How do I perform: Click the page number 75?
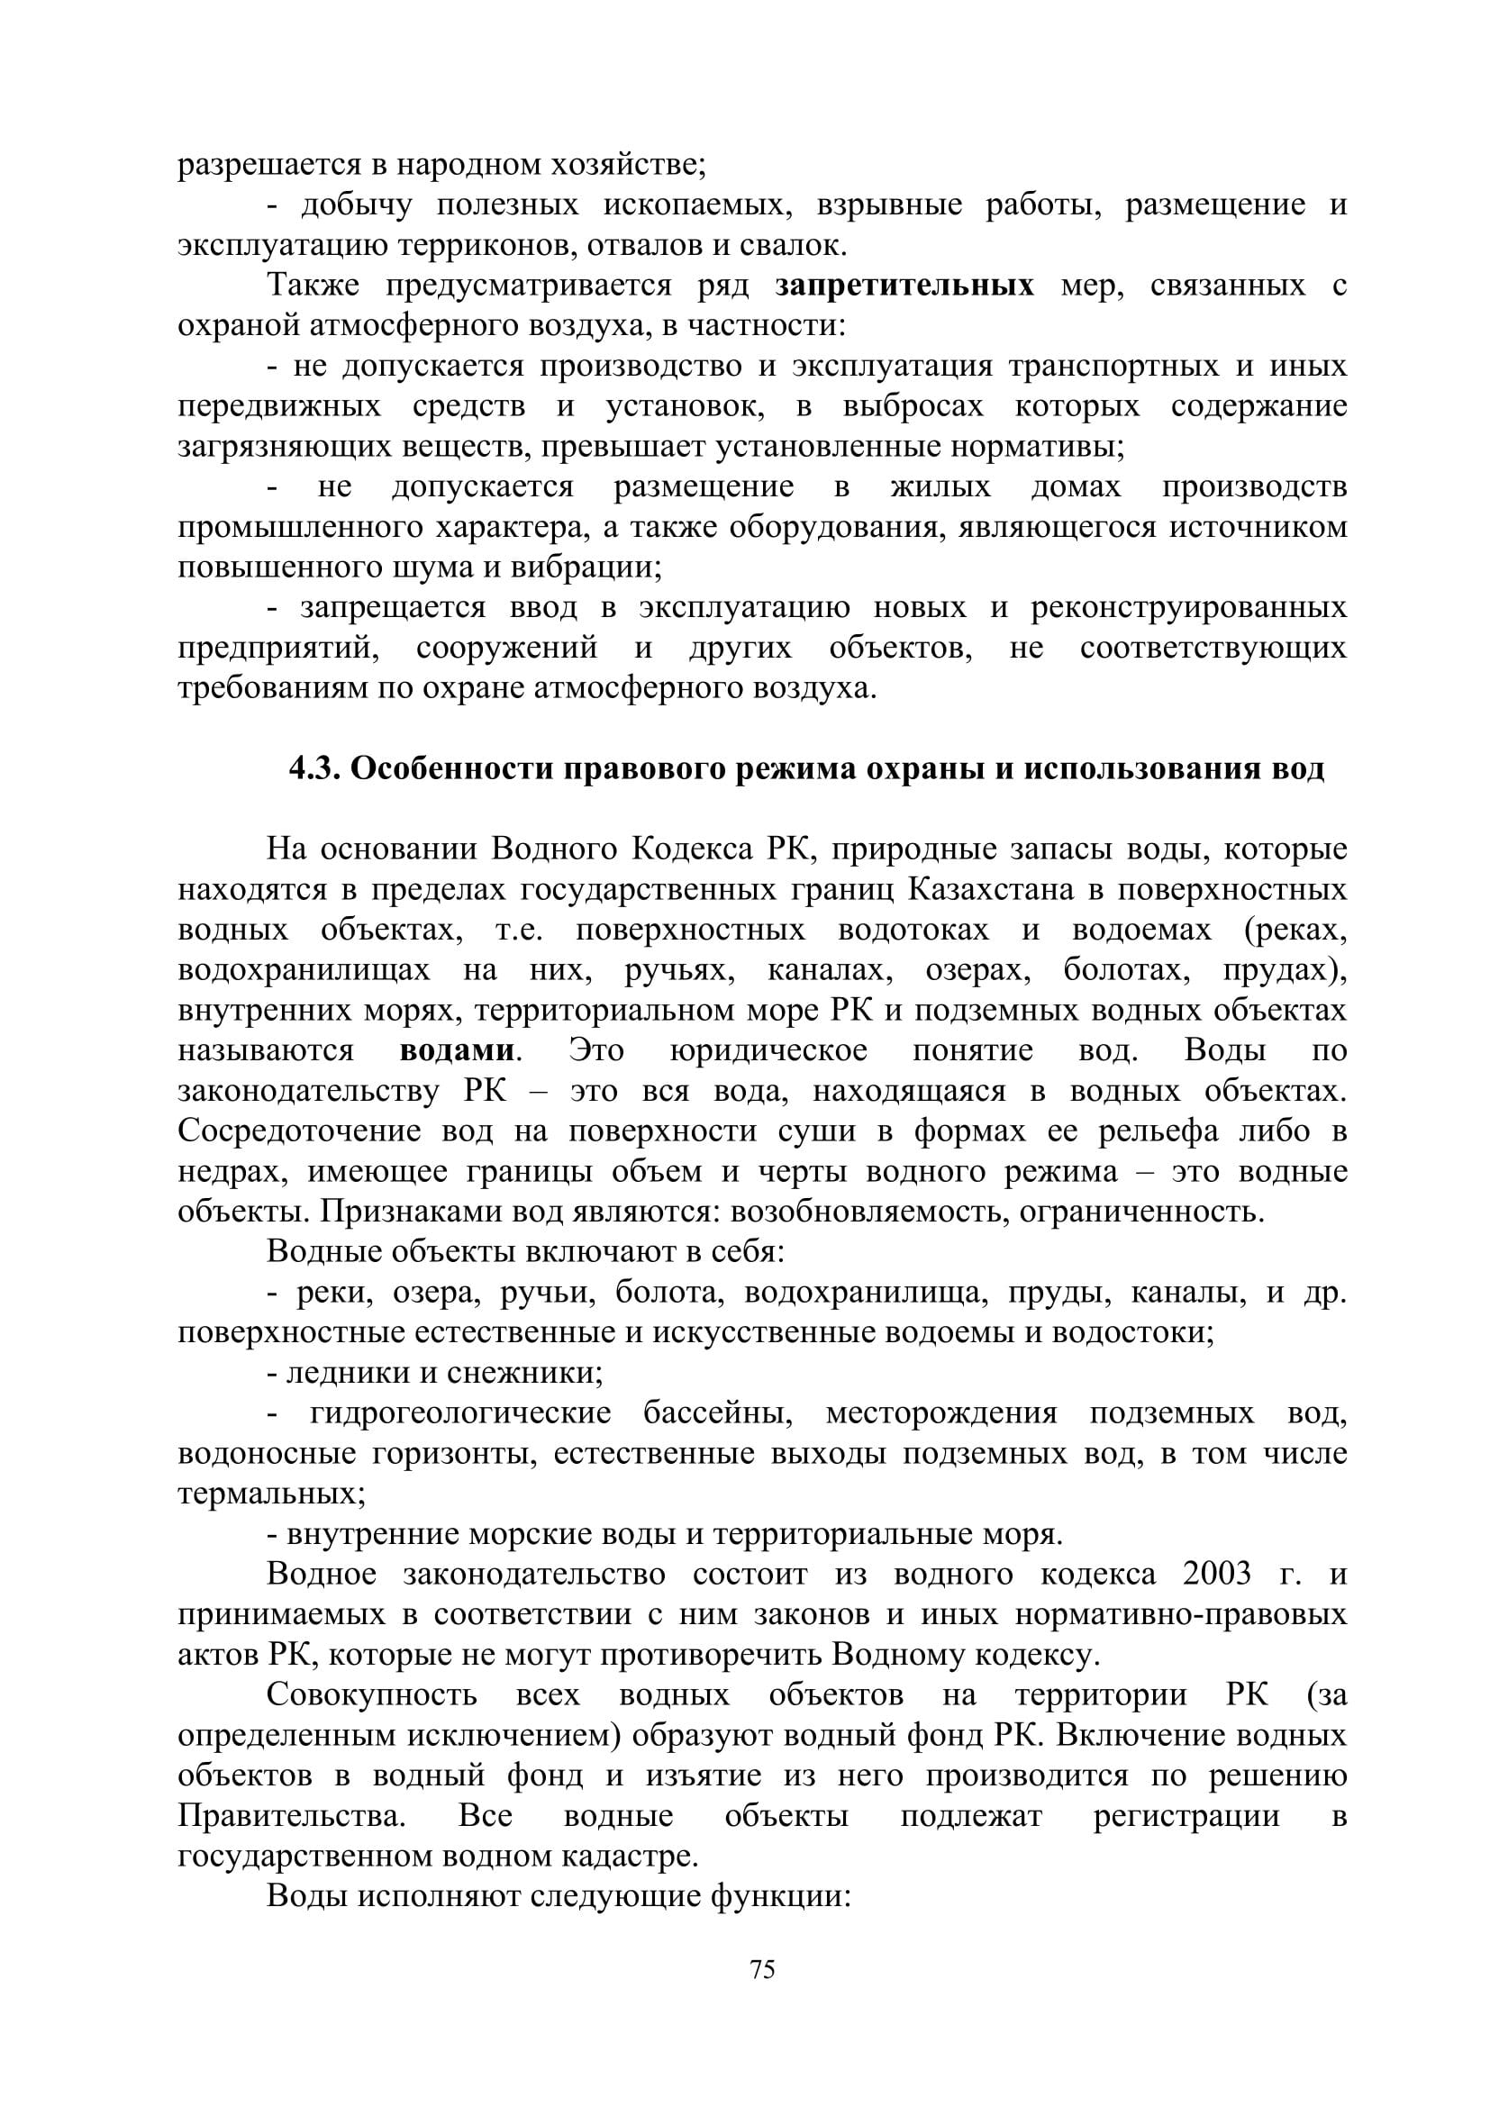coord(762,1969)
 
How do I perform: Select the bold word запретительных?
coord(904,286)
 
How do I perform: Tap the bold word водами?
coord(456,1049)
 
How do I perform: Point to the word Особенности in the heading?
coord(450,768)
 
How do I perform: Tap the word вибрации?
coord(588,568)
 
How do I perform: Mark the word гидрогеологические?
coord(460,1412)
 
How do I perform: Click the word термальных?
coord(270,1493)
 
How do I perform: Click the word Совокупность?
coord(371,1695)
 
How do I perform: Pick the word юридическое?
coord(768,1049)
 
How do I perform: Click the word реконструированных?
coord(1188,607)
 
